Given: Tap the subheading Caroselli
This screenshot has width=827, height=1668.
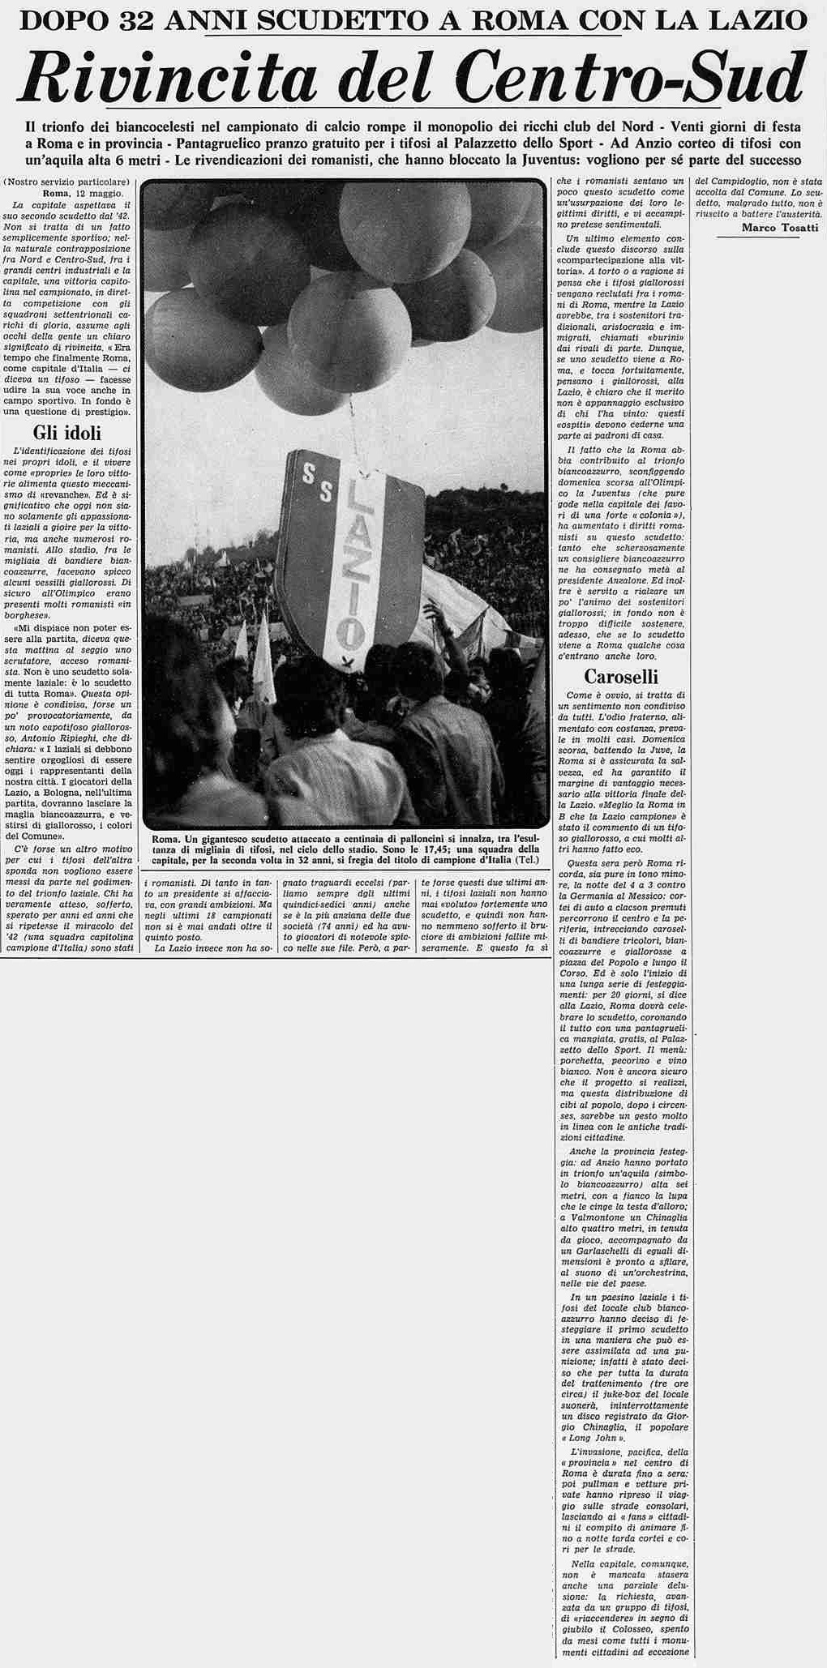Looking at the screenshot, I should [x=620, y=677].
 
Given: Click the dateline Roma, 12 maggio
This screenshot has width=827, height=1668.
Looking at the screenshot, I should [x=84, y=194].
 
